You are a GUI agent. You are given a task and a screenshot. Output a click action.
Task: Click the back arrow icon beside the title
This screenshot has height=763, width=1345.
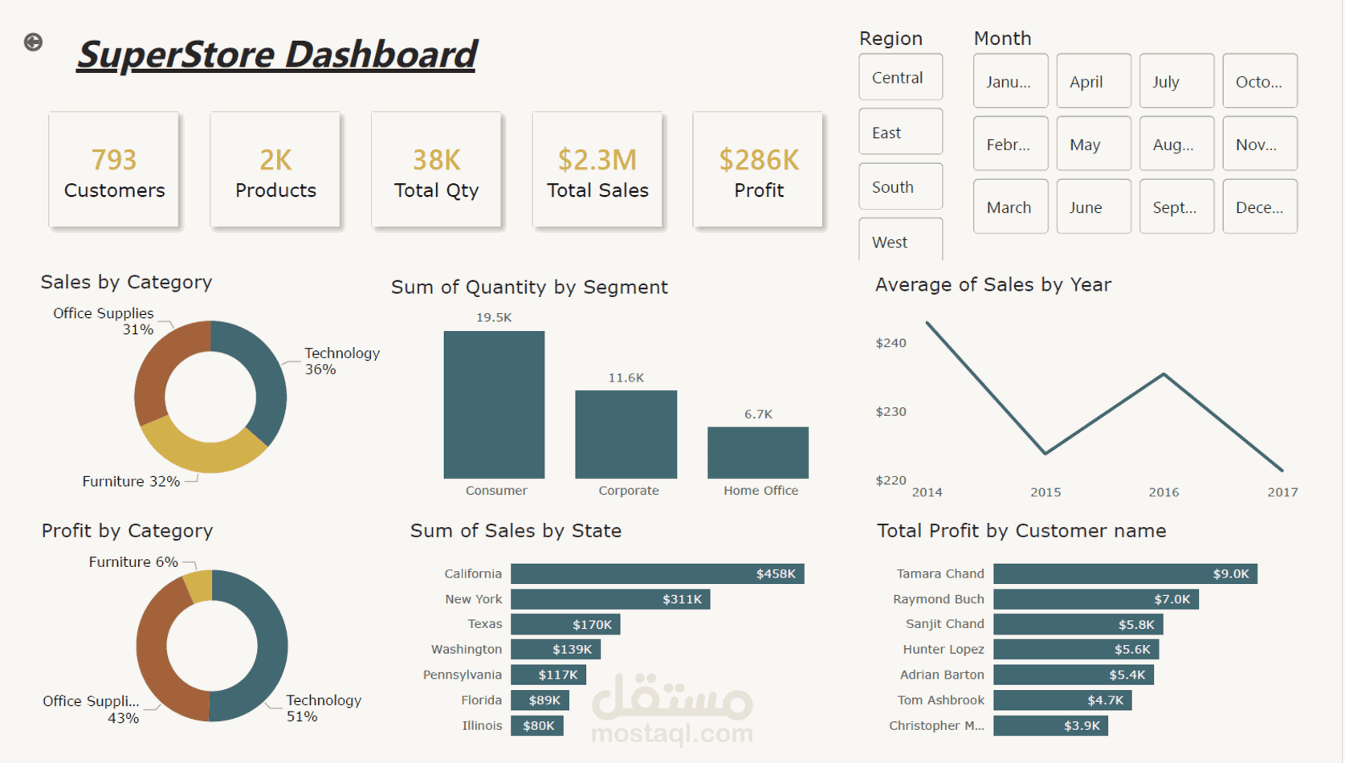pyautogui.click(x=33, y=42)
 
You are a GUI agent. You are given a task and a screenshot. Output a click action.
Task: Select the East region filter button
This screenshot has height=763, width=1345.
pyautogui.click(x=899, y=133)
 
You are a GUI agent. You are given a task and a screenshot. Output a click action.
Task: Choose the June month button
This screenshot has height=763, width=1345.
pyautogui.click(x=1093, y=207)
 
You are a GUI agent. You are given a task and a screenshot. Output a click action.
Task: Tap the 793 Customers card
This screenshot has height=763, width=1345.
pyautogui.click(x=114, y=171)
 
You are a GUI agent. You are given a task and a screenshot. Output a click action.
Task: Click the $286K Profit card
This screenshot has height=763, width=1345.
pyautogui.click(x=758, y=171)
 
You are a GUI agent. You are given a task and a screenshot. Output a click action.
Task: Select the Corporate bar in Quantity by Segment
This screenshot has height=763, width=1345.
pyautogui.click(x=626, y=435)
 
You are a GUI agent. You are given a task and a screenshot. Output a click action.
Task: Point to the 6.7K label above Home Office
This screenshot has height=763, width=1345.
pyautogui.click(x=758, y=414)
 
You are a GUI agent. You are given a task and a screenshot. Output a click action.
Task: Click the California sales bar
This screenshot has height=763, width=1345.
pyautogui.click(x=657, y=573)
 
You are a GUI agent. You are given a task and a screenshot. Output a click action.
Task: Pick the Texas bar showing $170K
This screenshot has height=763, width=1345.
pyautogui.click(x=565, y=624)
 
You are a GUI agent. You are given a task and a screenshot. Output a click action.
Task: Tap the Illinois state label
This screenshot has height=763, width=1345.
pyautogui.click(x=482, y=725)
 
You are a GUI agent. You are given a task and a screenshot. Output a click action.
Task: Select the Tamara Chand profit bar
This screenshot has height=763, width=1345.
pyautogui.click(x=1124, y=573)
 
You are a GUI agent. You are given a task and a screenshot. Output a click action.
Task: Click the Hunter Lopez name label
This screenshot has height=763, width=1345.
pyautogui.click(x=943, y=649)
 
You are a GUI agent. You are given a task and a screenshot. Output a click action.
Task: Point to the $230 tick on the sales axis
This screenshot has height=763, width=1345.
pyautogui.click(x=891, y=411)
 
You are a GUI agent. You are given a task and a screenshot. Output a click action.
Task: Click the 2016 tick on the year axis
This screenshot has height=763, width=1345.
pyautogui.click(x=1164, y=492)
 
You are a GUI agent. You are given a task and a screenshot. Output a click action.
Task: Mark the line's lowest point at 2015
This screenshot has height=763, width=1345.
pyautogui.click(x=1045, y=454)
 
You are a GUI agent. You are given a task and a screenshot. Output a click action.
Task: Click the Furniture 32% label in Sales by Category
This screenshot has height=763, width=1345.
pyautogui.click(x=131, y=481)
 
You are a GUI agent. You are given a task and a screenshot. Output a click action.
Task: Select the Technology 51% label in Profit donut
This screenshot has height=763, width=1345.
pyautogui.click(x=323, y=708)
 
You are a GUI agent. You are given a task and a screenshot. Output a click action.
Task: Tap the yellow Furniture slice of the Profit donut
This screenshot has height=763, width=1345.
pyautogui.click(x=198, y=585)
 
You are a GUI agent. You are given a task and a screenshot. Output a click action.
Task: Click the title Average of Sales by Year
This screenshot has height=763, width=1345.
pyautogui.click(x=992, y=285)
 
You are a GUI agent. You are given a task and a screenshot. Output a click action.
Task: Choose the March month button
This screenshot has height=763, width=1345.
pyautogui.click(x=1009, y=207)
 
